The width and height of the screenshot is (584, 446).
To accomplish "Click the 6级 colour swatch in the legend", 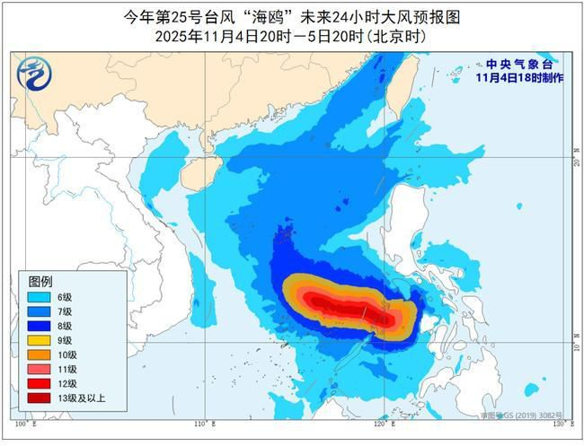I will coord(39,297).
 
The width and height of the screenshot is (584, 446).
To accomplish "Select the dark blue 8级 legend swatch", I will coord(39,325).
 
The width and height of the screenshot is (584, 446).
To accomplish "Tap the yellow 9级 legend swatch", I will coord(39,340).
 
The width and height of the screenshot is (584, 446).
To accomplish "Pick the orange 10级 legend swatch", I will coord(39,354).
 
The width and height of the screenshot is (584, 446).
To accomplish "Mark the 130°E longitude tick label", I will coord(561,422).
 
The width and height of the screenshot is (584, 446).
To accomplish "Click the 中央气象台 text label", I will coord(519,65).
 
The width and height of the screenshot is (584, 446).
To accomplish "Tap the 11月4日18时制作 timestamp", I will coord(519,78).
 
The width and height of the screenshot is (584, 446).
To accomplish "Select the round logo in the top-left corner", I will coord(33,71).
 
